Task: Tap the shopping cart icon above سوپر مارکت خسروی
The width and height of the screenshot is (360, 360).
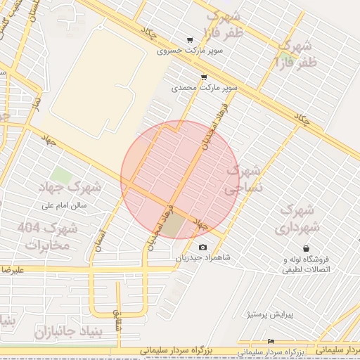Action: coord(189,40)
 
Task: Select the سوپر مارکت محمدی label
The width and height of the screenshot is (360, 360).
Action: coord(205,89)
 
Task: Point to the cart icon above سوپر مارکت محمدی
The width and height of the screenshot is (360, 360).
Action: coord(204,77)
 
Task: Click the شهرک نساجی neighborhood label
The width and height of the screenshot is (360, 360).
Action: coord(243,180)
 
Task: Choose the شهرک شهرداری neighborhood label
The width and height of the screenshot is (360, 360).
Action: coord(298,219)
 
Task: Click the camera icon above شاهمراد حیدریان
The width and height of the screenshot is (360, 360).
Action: coord(203,247)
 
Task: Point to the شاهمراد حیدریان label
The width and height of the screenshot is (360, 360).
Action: coord(203,259)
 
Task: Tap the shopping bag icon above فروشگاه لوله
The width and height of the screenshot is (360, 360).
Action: coord(307,248)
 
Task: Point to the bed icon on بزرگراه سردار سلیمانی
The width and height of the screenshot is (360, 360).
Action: coord(272,342)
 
